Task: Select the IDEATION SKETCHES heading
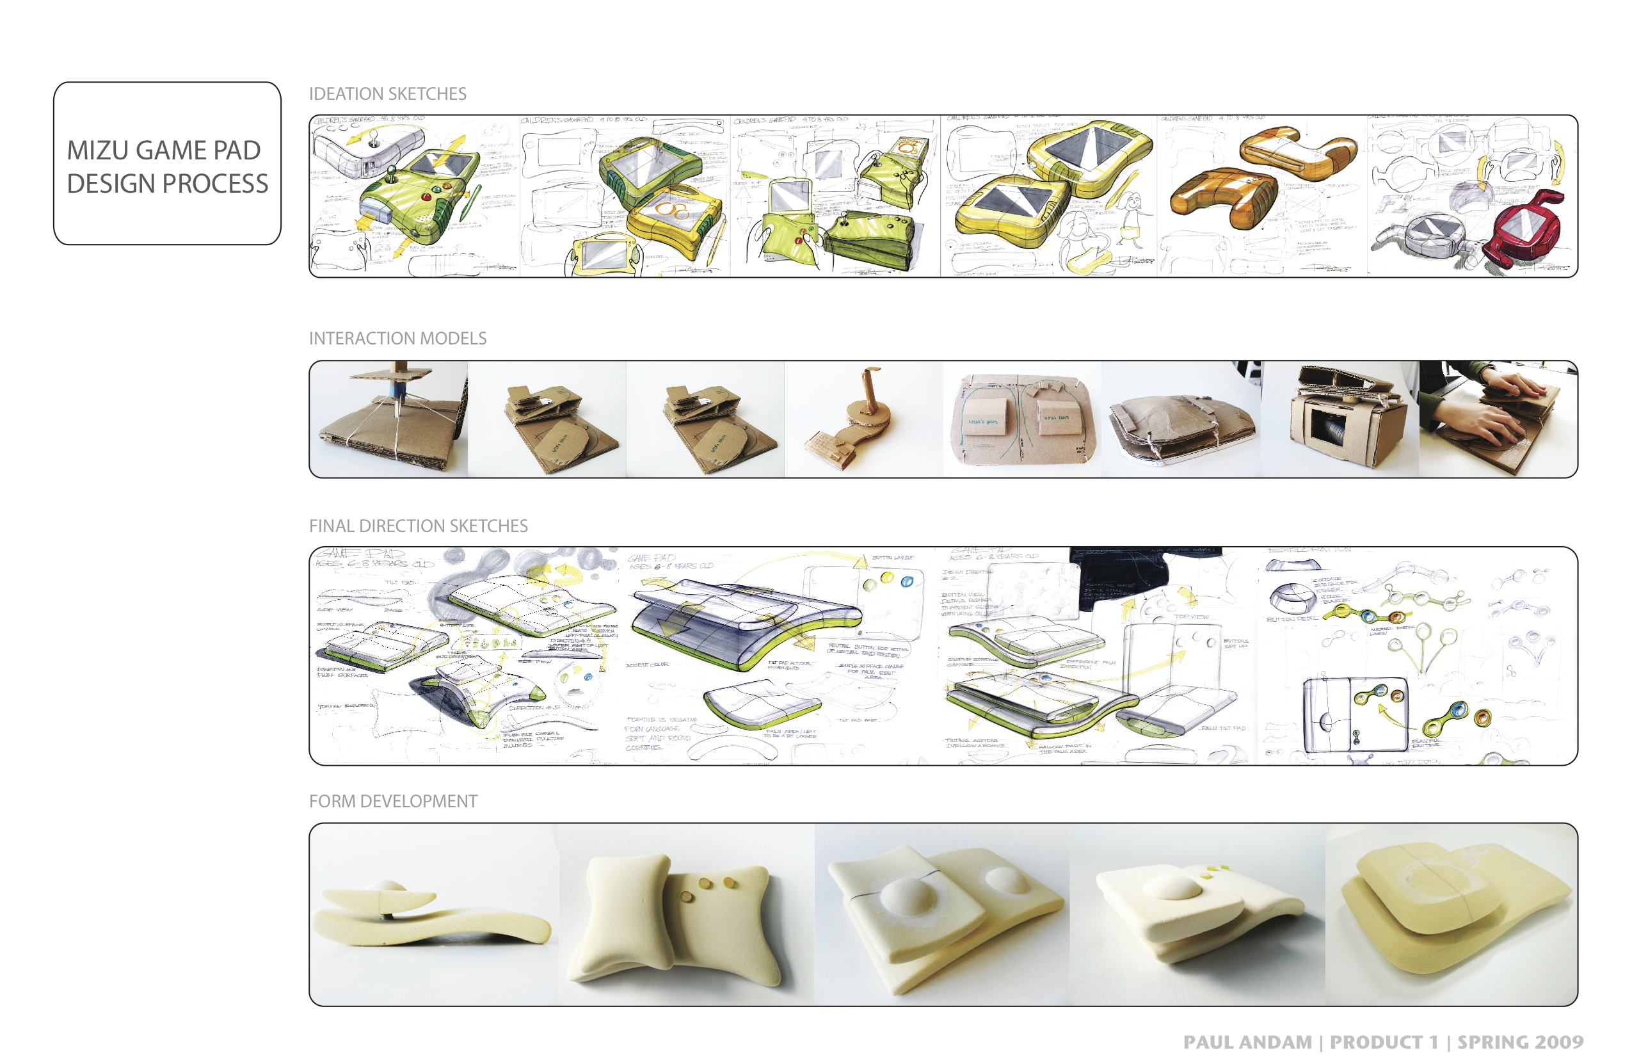click(x=387, y=94)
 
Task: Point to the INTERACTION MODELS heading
click(x=397, y=338)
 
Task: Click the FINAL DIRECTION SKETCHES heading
click(x=419, y=526)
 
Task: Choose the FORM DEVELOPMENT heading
click(x=393, y=801)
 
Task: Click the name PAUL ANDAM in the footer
click(x=1247, y=1043)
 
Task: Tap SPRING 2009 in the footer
click(x=1520, y=1043)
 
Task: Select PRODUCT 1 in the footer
click(x=1384, y=1043)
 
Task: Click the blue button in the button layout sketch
click(x=906, y=582)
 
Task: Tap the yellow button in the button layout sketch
click(x=870, y=585)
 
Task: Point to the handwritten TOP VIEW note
click(x=1191, y=617)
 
